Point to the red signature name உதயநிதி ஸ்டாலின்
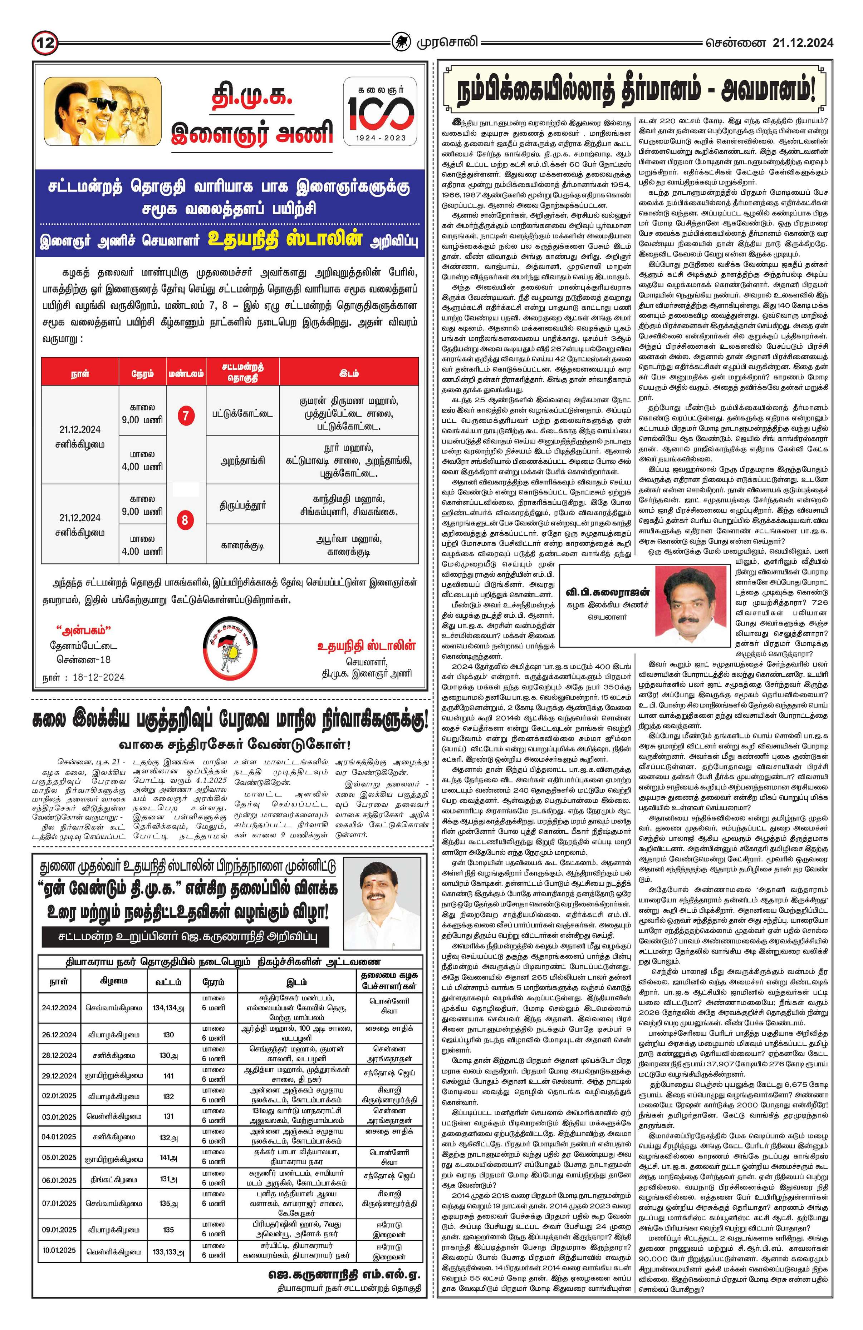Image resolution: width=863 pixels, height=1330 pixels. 366,646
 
